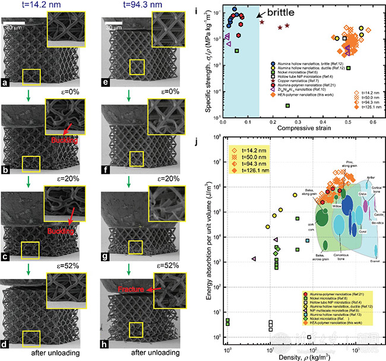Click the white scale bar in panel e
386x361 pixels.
(115, 24)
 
